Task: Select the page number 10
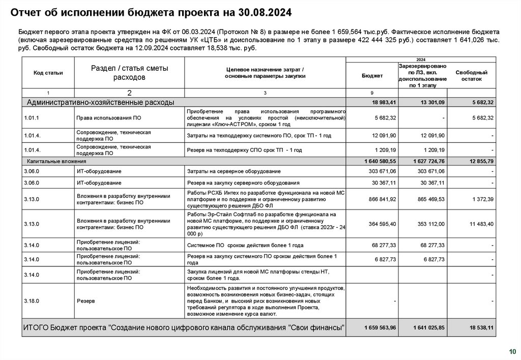click(x=511, y=351)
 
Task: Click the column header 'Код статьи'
click(x=48, y=73)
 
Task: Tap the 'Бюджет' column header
click(x=372, y=75)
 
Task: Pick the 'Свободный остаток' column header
click(x=471, y=76)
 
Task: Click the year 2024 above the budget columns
click(x=421, y=59)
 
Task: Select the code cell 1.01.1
click(x=32, y=118)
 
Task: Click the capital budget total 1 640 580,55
click(x=380, y=161)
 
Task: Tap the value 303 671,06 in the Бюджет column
click(x=383, y=171)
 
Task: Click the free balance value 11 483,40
click(x=481, y=224)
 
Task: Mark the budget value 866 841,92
click(x=383, y=199)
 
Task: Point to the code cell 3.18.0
click(x=32, y=301)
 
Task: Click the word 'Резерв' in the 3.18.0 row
click(x=85, y=301)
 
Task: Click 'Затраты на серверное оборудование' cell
click(x=234, y=171)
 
